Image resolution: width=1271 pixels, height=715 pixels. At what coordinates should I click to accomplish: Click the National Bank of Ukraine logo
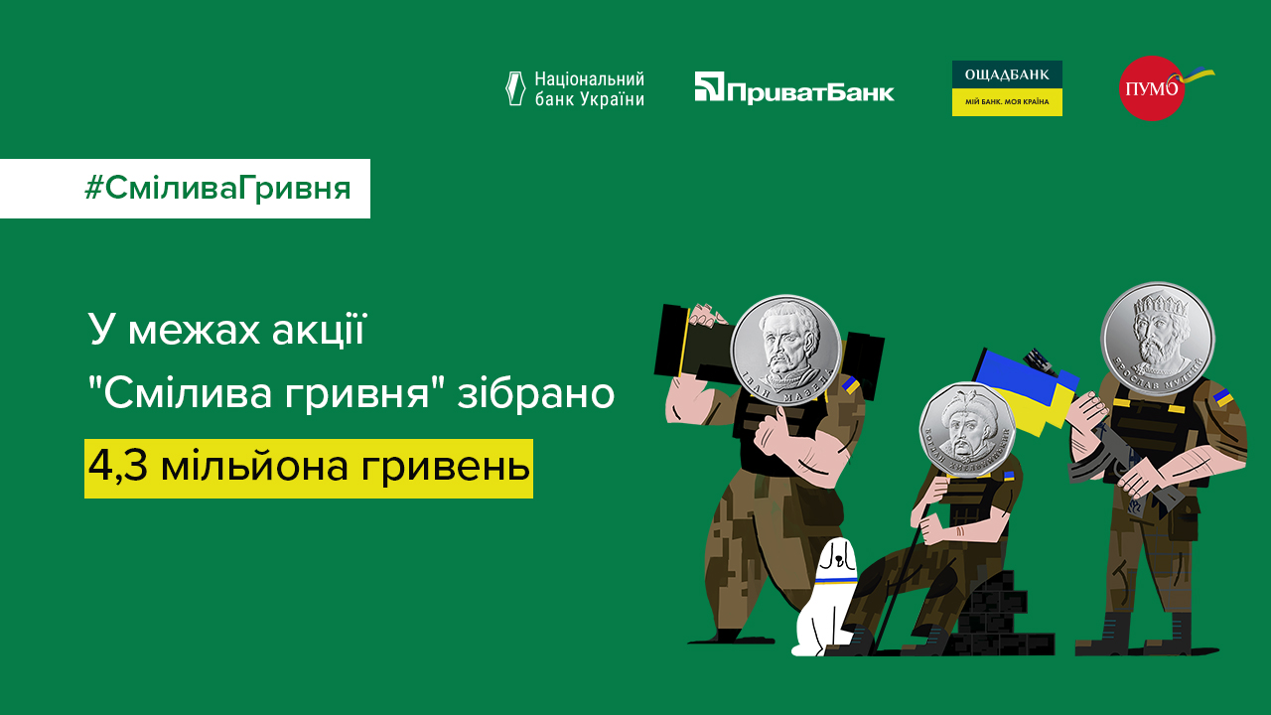point(575,88)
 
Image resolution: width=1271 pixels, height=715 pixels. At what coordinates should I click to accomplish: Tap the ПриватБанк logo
point(794,88)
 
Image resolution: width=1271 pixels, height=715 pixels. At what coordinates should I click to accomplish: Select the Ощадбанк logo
point(1007,87)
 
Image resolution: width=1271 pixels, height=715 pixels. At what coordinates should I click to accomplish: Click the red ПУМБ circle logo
point(1152,87)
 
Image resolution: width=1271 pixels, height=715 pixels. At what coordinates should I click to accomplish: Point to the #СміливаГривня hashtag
point(217,188)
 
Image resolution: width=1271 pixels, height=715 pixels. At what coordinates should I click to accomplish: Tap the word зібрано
point(535,394)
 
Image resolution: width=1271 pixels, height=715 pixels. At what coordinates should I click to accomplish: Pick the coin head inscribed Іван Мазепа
point(786,347)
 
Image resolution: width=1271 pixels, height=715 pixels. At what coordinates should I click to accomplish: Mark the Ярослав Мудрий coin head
point(1158,339)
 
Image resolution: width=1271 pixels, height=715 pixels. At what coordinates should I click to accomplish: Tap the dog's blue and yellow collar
point(836,576)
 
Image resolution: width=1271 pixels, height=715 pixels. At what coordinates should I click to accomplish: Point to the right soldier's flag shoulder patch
point(1223,398)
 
